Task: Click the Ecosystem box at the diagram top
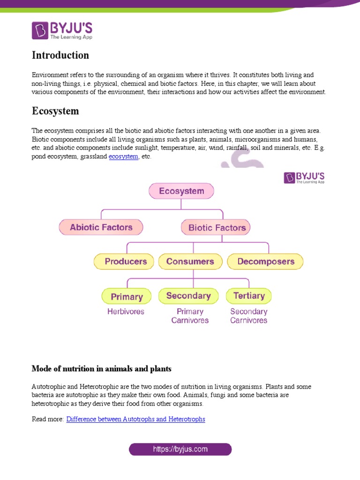181,191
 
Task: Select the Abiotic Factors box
101,227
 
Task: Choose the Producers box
125,262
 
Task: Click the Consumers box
190,262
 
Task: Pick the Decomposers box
265,262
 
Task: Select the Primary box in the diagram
127,296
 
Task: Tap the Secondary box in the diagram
188,296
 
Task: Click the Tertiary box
248,296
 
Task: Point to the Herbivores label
126,311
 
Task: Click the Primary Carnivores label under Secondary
190,316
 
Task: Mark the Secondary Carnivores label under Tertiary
248,316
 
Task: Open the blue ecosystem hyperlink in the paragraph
123,157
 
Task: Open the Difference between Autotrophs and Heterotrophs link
135,419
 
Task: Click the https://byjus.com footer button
180,450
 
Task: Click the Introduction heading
60,55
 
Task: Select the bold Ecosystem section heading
55,111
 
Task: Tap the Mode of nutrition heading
101,369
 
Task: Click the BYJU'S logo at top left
56,30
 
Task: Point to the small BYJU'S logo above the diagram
304,178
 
